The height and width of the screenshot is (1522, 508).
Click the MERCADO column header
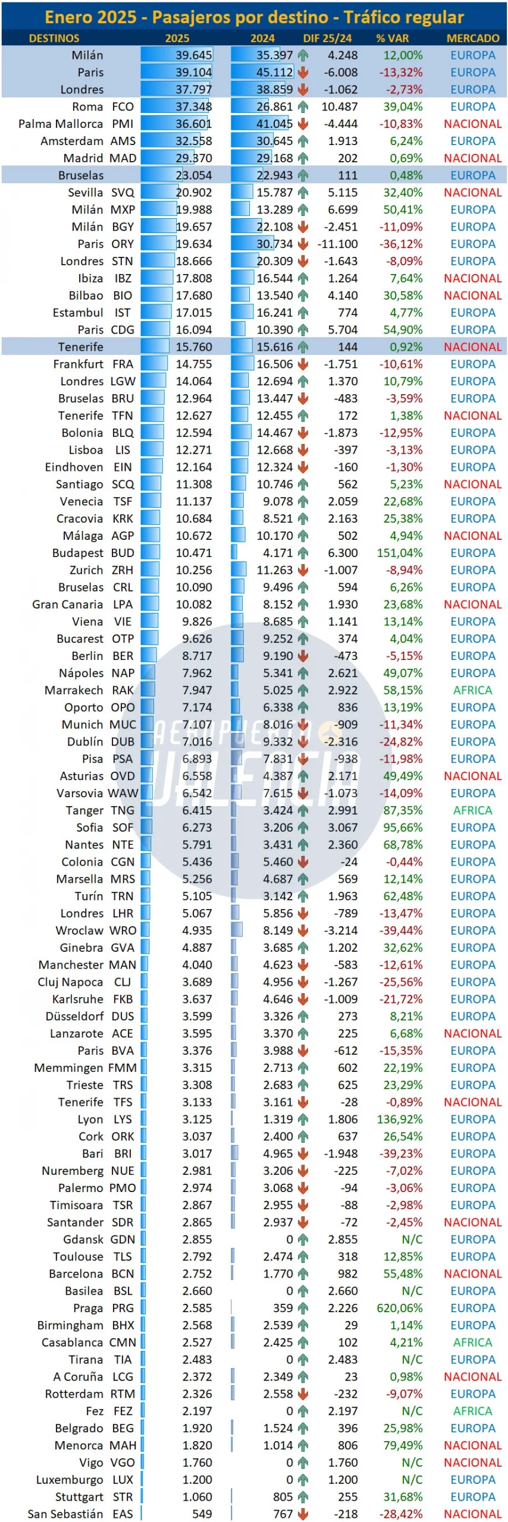click(473, 38)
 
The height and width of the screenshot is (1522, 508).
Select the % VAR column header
click(392, 38)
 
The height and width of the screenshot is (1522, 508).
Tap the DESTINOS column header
click(54, 38)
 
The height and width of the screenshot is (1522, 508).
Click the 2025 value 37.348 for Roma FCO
click(194, 107)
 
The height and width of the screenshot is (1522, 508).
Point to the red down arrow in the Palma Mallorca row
click(303, 124)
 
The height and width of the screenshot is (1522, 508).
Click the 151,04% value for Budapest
click(400, 553)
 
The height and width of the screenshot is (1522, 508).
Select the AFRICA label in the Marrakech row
click(473, 690)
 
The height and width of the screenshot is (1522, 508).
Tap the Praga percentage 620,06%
click(400, 1308)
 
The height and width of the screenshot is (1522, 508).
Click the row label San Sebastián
click(65, 1514)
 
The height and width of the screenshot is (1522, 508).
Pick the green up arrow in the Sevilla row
click(303, 193)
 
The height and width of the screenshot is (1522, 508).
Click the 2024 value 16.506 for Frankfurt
click(275, 364)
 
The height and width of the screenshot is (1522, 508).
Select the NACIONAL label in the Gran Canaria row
click(473, 605)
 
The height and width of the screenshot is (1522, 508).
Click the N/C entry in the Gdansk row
click(412, 1240)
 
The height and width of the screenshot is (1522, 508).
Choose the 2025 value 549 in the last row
click(202, 1514)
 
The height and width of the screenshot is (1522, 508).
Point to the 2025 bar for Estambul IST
click(156, 313)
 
